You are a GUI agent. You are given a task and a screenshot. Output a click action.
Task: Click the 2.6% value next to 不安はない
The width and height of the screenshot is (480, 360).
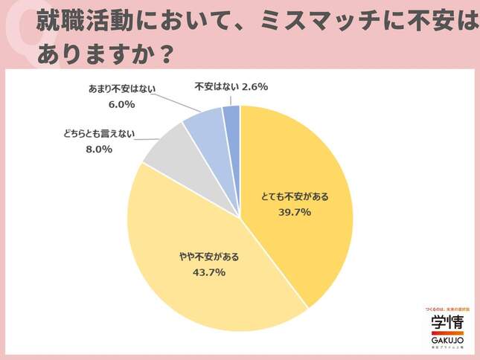tap(254, 87)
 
